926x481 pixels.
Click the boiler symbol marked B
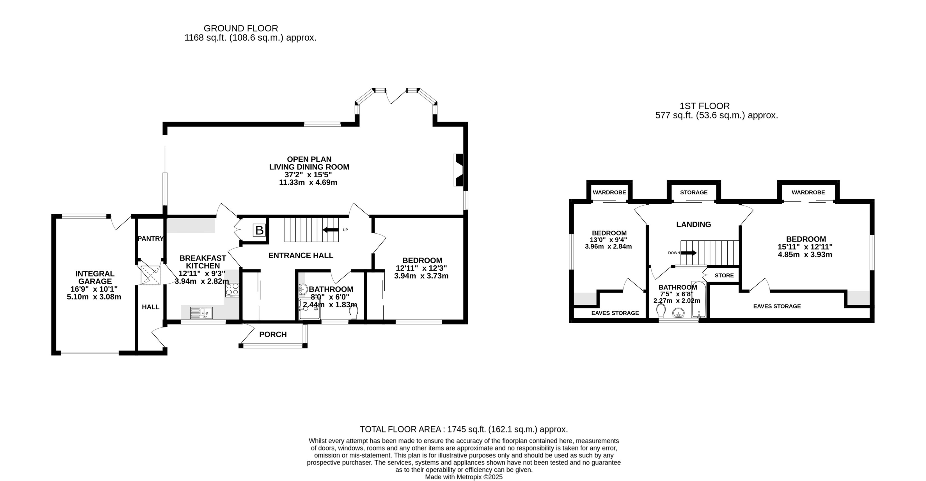(259, 230)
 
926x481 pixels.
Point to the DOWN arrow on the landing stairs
(689, 253)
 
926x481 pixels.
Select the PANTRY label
(151, 239)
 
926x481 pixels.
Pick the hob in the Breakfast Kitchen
(232, 290)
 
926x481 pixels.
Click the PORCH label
(273, 334)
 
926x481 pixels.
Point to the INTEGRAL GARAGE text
(95, 277)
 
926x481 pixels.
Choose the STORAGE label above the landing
(694, 192)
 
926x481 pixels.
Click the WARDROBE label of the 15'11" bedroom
(808, 192)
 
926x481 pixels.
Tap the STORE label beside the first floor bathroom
(724, 275)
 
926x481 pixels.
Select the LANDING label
(694, 225)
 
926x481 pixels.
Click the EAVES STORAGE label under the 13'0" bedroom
(615, 313)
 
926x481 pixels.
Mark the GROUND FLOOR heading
(241, 28)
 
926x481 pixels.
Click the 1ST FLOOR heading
(705, 106)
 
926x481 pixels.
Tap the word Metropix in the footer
(469, 477)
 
